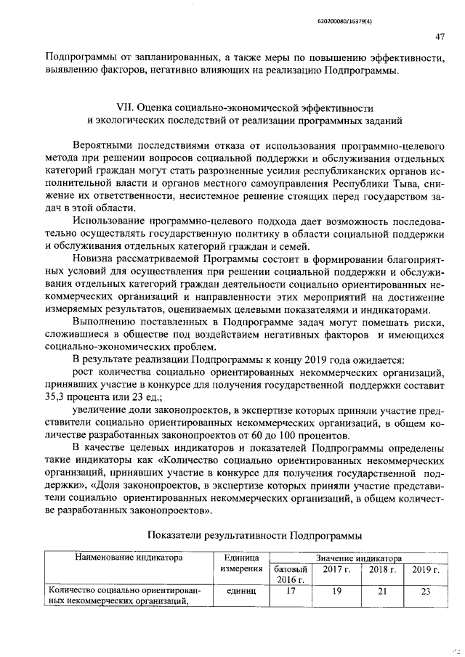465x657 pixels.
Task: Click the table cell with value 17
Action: point(291,591)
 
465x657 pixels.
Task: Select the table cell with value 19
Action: point(336,591)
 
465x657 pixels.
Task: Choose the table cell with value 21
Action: point(381,591)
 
